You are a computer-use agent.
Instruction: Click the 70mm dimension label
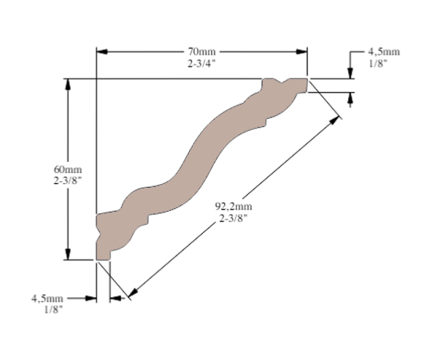(201, 51)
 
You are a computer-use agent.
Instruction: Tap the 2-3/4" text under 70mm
(201, 64)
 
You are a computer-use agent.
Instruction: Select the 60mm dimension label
(68, 169)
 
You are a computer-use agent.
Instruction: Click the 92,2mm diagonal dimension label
(233, 207)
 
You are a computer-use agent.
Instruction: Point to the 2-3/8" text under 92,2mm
(233, 218)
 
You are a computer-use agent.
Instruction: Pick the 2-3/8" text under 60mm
(67, 181)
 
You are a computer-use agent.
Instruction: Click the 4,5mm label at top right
(384, 52)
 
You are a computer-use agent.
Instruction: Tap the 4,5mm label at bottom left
(47, 299)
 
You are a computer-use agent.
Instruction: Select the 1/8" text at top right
(378, 64)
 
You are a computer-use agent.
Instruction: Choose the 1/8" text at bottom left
(53, 310)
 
